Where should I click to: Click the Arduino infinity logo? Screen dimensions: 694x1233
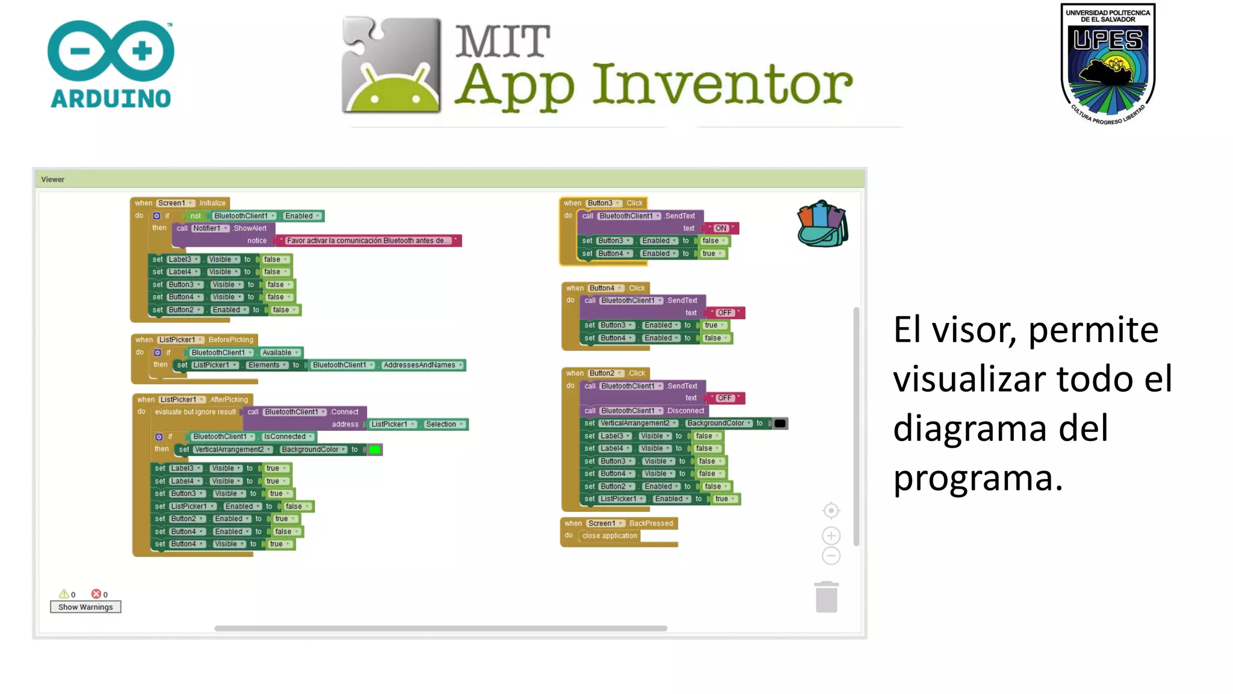click(x=111, y=51)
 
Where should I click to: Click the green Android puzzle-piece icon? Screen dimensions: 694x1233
click(x=391, y=65)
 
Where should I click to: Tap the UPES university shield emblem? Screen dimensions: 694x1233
click(x=1108, y=63)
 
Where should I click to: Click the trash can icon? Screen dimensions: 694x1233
click(x=826, y=597)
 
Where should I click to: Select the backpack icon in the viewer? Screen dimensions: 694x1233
click(x=822, y=224)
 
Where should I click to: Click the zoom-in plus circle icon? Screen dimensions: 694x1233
click(x=831, y=536)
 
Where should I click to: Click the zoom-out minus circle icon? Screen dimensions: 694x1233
click(x=831, y=556)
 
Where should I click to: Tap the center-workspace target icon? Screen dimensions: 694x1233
click(x=831, y=511)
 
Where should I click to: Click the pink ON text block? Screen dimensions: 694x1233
click(x=721, y=228)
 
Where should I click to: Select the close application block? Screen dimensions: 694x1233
click(x=609, y=536)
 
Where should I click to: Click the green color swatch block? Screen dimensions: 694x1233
click(x=374, y=450)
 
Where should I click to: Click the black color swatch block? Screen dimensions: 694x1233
click(x=780, y=424)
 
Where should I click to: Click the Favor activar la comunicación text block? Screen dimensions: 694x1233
click(x=367, y=241)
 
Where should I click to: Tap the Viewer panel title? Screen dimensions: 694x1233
click(x=52, y=180)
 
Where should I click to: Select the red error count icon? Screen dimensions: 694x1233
click(x=96, y=594)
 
